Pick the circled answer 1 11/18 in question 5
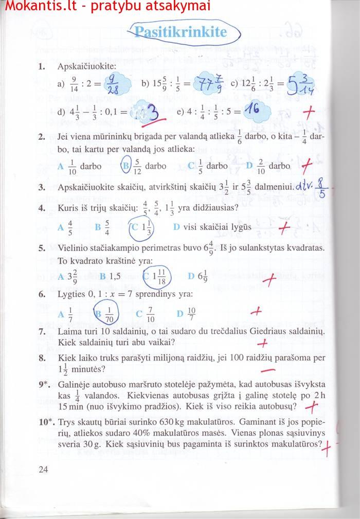(x=157, y=276)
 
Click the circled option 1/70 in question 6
(x=107, y=313)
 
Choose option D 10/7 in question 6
(x=186, y=313)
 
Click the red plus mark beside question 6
(x=256, y=311)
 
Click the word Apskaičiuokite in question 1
(x=87, y=66)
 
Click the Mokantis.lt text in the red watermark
(x=32, y=7)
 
